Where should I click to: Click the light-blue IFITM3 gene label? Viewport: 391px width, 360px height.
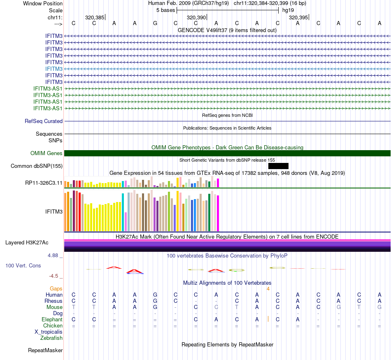coord(54,69)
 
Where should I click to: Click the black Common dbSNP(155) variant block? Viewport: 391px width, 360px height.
coord(278,166)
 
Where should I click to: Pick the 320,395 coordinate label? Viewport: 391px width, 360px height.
coord(298,18)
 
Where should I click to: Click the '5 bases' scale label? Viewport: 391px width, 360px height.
coord(165,10)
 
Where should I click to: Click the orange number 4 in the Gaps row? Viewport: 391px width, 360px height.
coord(268,288)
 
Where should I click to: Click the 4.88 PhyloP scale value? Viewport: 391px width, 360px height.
coord(54,255)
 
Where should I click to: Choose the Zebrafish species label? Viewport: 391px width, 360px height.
coord(51,338)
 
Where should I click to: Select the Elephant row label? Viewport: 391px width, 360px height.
coord(52,320)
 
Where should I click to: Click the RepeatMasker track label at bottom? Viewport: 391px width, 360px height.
coord(45,351)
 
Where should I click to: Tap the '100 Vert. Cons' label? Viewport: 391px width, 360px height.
coord(23,266)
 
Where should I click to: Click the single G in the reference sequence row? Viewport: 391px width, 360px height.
coord(155,23)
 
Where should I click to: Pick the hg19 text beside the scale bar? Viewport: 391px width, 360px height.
coord(288,10)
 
